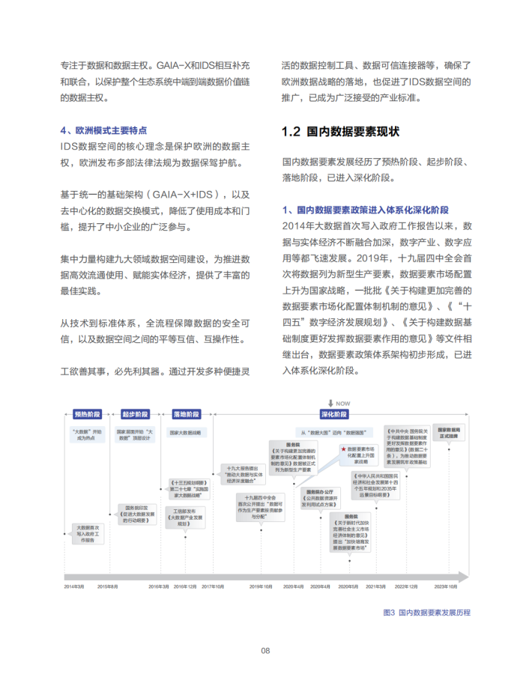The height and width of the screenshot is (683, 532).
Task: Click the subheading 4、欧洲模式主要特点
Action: click(x=103, y=130)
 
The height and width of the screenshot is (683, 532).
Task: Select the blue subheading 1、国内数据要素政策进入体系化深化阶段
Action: click(x=366, y=210)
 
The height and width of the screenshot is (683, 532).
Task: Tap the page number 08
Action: click(x=265, y=650)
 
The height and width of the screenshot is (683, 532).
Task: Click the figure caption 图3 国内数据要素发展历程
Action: click(x=426, y=612)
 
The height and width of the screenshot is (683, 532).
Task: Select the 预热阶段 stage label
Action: click(x=87, y=414)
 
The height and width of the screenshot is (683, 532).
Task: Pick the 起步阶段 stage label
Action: click(x=135, y=414)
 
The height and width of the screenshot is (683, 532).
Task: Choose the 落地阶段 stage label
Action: click(x=186, y=414)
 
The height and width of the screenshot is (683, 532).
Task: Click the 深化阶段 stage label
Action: click(x=334, y=414)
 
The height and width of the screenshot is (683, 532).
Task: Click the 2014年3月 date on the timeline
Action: click(x=74, y=586)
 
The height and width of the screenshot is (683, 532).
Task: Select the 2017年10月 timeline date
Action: click(x=211, y=586)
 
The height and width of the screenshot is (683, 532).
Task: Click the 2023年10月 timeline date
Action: click(x=448, y=586)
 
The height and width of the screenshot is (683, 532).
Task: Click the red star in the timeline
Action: click(x=343, y=447)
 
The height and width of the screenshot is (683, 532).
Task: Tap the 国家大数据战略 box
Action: click(x=185, y=432)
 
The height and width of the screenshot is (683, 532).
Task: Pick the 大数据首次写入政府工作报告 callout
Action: click(x=88, y=534)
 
